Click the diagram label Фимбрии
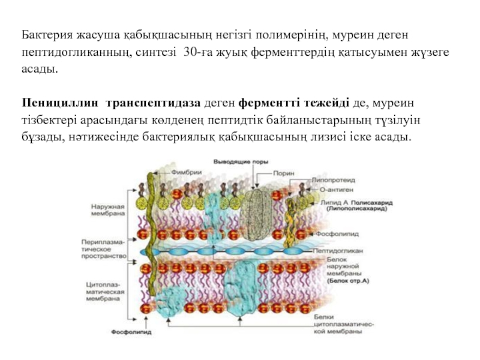pyautogui.click(x=186, y=172)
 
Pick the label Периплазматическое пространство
pyautogui.click(x=103, y=248)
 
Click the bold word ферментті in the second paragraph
pyautogui.click(x=265, y=104)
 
